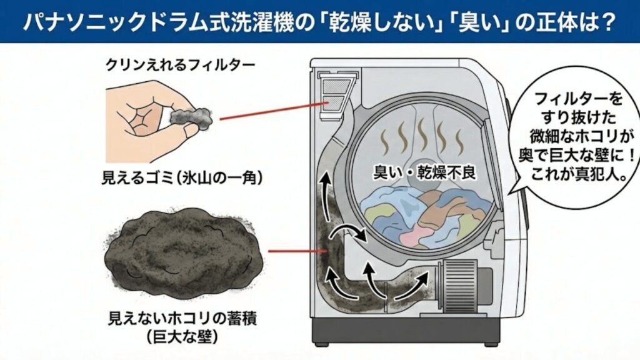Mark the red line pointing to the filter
pos(269,111)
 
